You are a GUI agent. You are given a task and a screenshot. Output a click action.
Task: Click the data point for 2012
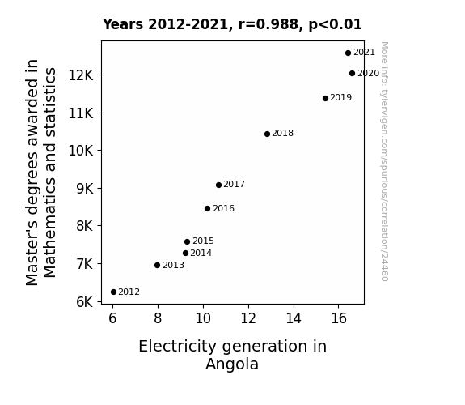tap(113, 292)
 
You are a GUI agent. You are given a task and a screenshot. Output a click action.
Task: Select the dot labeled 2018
tap(267, 134)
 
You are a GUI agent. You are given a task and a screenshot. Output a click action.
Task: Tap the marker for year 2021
tap(349, 53)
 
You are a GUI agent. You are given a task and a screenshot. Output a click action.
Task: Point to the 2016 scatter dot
tap(207, 209)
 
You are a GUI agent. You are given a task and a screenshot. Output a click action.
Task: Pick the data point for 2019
tap(325, 98)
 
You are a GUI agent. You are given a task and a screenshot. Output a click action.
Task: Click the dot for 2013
tap(157, 266)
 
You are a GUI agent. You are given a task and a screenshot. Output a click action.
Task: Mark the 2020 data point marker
tap(352, 74)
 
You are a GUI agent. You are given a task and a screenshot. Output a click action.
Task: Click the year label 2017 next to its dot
tap(234, 184)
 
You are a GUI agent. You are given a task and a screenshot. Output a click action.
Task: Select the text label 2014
tap(201, 253)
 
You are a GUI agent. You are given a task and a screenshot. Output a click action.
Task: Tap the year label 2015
tap(203, 241)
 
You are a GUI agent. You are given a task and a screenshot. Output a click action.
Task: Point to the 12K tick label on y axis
tap(81, 75)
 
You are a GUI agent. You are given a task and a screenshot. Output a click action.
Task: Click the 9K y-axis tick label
tap(85, 189)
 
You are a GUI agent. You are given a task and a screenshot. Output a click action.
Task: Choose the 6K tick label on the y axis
tap(85, 302)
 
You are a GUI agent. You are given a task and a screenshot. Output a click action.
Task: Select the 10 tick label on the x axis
tap(203, 318)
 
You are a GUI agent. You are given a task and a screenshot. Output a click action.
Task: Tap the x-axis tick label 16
tap(339, 318)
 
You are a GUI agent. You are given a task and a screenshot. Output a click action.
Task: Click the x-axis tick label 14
tap(294, 318)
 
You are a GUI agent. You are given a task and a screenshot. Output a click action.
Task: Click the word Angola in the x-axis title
tap(232, 364)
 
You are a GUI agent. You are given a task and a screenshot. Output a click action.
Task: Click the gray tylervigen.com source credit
tap(384, 161)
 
